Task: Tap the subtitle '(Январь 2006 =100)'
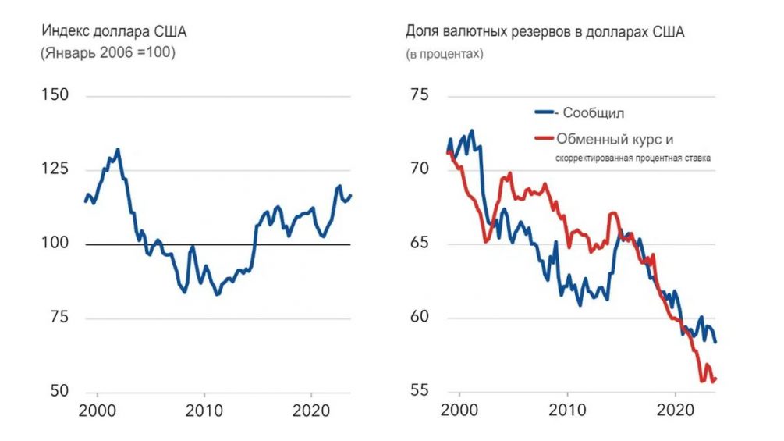(107, 55)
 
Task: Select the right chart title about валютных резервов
(545, 33)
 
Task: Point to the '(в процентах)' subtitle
(444, 55)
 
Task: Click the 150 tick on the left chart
(55, 95)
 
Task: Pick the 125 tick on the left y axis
(55, 169)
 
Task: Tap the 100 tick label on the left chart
(55, 244)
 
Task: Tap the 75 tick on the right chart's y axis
(420, 95)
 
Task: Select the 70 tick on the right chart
(420, 169)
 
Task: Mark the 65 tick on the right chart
(420, 244)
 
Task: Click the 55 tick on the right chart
(420, 391)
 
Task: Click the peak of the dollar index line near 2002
(118, 149)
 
